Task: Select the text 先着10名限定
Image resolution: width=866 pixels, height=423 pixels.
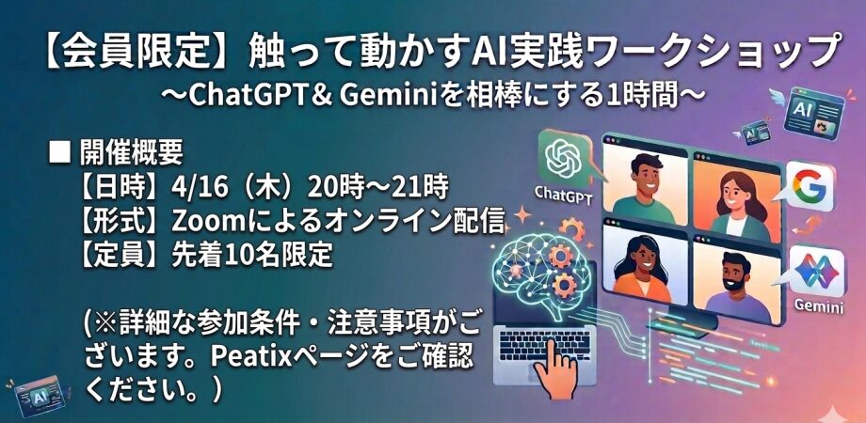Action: [x=252, y=254]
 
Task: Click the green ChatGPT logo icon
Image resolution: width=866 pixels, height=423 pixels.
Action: [x=562, y=158]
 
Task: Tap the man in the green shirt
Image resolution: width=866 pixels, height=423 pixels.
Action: [x=644, y=181]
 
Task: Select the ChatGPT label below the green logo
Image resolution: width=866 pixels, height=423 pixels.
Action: [x=562, y=194]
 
